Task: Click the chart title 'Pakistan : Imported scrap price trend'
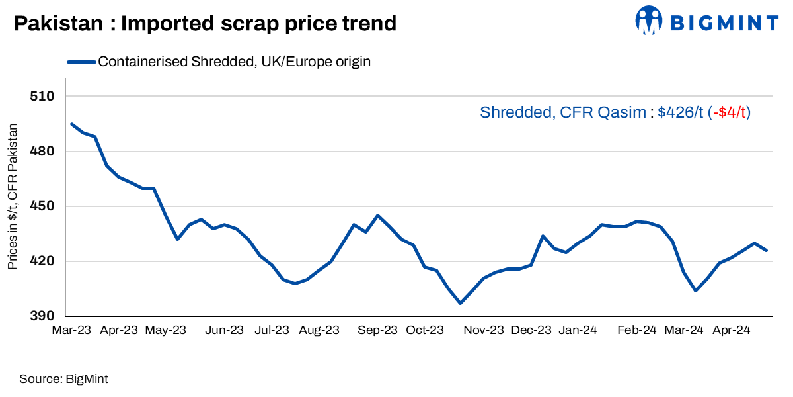coord(205,24)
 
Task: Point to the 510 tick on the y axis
coord(41,97)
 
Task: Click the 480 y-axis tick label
coord(41,152)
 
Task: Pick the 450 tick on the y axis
coord(41,206)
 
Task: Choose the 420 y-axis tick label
coord(41,261)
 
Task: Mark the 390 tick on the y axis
coord(41,316)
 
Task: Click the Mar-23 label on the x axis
coord(71,330)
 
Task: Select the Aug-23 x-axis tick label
coord(319,330)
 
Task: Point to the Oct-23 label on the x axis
coord(424,330)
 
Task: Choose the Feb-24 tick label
coord(637,330)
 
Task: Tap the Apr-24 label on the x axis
coord(731,330)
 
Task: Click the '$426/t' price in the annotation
coord(681,112)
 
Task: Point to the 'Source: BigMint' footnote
coord(63,379)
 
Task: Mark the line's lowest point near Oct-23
coord(460,303)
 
